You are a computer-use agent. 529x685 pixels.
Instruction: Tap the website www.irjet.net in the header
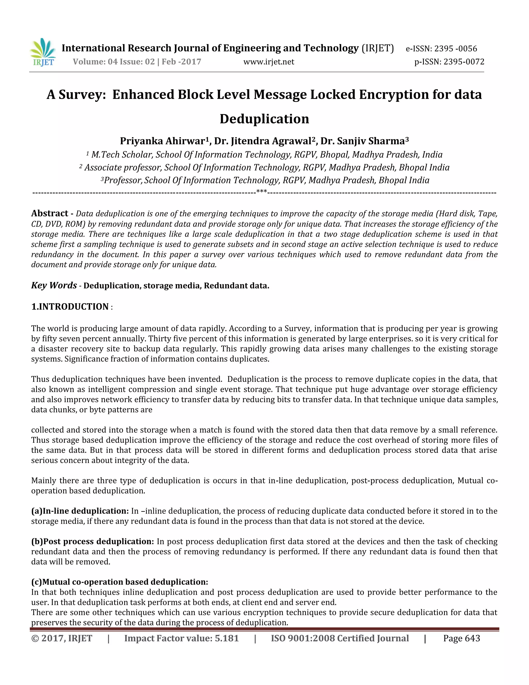(269, 62)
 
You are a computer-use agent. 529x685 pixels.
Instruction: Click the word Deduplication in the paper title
(264, 119)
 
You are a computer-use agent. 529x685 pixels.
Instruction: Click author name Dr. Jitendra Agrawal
(263, 141)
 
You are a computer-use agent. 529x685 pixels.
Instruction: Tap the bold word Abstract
(50, 214)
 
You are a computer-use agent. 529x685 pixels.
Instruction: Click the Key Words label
(54, 285)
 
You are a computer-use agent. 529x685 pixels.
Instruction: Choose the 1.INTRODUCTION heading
(70, 307)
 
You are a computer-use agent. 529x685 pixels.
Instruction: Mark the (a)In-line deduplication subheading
(80, 511)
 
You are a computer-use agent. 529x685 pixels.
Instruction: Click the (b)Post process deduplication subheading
(92, 541)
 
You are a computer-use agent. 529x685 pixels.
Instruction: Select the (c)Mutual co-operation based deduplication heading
(119, 582)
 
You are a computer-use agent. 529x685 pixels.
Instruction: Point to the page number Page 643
(461, 638)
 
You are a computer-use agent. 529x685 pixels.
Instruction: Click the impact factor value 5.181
(227, 638)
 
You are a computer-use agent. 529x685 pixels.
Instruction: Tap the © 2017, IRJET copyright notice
(62, 638)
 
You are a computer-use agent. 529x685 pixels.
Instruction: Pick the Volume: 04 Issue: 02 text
(114, 62)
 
